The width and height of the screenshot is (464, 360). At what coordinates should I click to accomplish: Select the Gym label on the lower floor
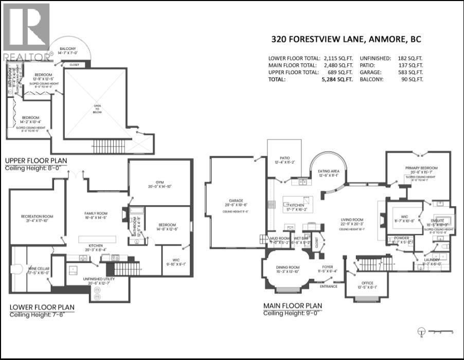pos(155,188)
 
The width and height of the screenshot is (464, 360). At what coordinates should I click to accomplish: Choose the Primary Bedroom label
pos(421,168)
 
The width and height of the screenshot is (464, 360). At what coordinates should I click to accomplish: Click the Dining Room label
pos(287,267)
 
